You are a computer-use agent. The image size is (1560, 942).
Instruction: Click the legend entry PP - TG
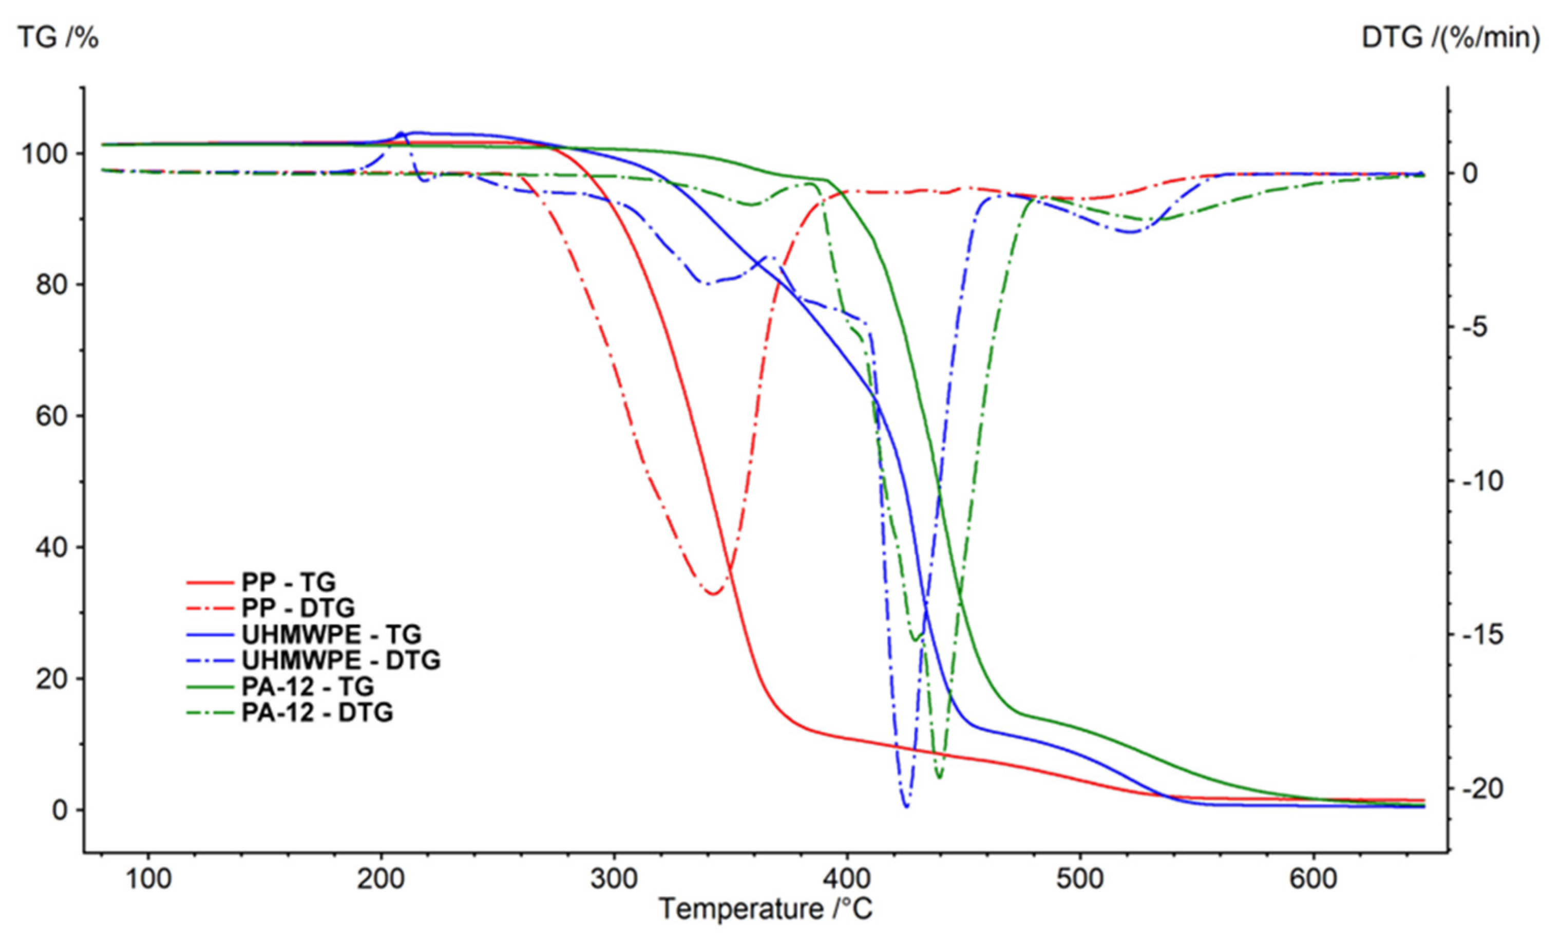pos(288,582)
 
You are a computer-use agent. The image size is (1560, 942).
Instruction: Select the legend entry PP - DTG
pos(297,608)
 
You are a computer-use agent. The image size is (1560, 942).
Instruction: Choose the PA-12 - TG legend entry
pos(308,686)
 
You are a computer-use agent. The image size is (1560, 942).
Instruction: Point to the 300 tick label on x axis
pos(614,879)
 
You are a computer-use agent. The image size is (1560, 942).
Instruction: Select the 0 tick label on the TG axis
pos(60,810)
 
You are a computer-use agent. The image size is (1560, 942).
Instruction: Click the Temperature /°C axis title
pos(766,909)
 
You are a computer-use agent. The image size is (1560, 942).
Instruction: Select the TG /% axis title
pos(58,39)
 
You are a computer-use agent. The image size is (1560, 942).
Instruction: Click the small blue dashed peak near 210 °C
pos(400,134)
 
